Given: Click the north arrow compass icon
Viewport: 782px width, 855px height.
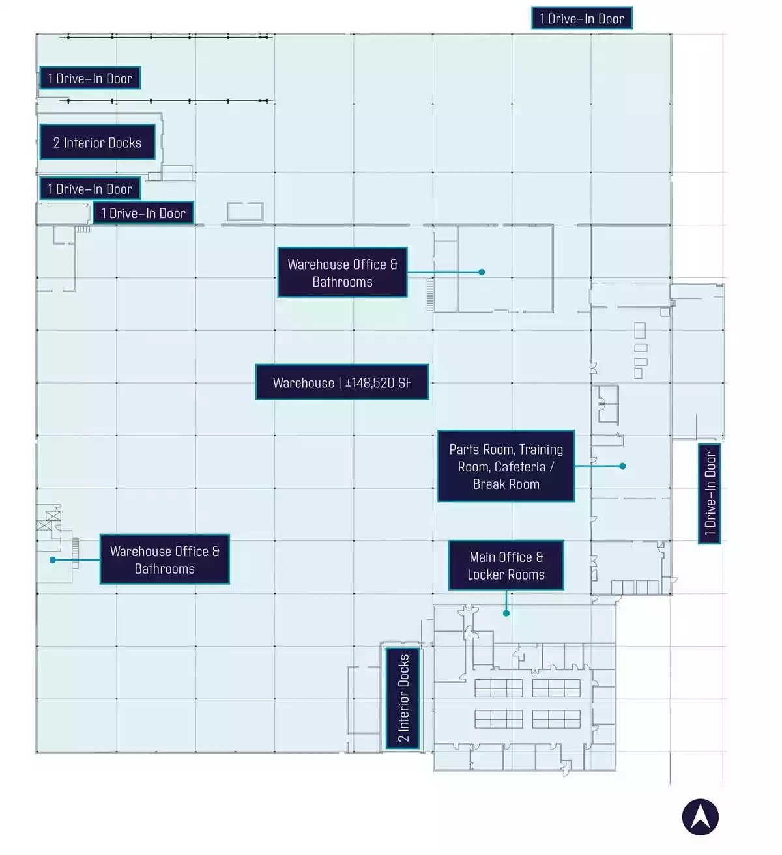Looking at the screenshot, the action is click(x=700, y=817).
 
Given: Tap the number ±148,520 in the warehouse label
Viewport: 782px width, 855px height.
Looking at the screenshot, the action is click(x=370, y=383).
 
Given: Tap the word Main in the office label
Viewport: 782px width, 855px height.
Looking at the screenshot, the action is click(x=482, y=557).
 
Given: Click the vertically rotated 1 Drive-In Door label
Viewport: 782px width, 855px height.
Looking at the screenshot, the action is click(x=709, y=493).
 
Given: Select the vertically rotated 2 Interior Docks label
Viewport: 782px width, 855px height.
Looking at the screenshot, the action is click(x=403, y=698).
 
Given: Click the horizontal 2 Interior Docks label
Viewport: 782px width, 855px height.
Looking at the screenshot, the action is click(x=97, y=142).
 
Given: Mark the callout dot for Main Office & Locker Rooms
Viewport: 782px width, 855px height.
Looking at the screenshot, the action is click(x=506, y=613).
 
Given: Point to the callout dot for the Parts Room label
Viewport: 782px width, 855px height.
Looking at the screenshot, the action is click(x=622, y=466).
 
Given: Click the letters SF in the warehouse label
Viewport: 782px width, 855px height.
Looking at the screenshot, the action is click(x=405, y=383).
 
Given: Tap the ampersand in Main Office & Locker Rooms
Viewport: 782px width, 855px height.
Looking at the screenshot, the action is click(x=539, y=557).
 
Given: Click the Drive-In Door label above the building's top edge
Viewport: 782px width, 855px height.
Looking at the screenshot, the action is click(x=582, y=18).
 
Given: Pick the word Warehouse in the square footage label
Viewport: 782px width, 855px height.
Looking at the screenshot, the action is click(x=303, y=383).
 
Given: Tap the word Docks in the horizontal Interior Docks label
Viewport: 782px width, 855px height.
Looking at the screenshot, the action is click(x=124, y=143).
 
